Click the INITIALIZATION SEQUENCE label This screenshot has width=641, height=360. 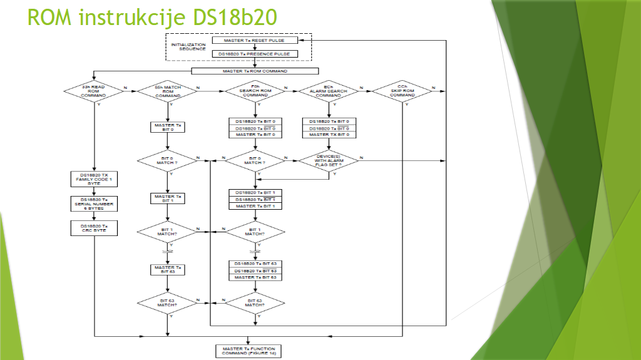pyautogui.click(x=188, y=47)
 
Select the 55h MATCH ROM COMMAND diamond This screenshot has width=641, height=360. pyautogui.click(x=168, y=91)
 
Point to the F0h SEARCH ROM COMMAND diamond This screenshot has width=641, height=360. pyautogui.click(x=255, y=91)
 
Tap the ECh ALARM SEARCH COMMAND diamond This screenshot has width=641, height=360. pyautogui.click(x=329, y=91)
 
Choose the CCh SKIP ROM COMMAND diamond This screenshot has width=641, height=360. pyautogui.click(x=402, y=91)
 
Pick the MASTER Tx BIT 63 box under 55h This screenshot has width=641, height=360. pyautogui.click(x=168, y=269)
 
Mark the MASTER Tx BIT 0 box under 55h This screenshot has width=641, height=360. pyautogui.click(x=168, y=127)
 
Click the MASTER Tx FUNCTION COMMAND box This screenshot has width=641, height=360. pyautogui.click(x=249, y=351)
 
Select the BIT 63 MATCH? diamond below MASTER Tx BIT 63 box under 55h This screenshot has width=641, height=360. pyautogui.click(x=168, y=303)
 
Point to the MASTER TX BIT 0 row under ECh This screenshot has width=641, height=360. pyautogui.click(x=329, y=135)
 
